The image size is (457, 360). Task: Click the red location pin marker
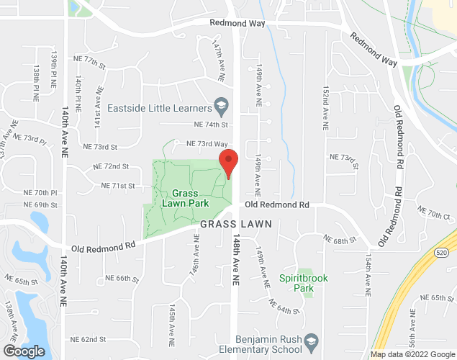pos(228,163)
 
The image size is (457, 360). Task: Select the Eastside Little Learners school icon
pos(221,108)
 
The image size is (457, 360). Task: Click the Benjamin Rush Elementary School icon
pos(311,340)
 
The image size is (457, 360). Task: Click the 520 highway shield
pos(441,252)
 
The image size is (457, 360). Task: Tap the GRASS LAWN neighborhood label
pos(236,225)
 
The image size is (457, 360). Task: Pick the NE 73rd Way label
pos(207,144)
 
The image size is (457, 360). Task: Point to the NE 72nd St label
pos(111,166)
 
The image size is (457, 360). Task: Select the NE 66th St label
pos(120,278)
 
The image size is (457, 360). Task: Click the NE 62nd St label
pos(88,338)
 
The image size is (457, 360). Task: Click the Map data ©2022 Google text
pos(412,354)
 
